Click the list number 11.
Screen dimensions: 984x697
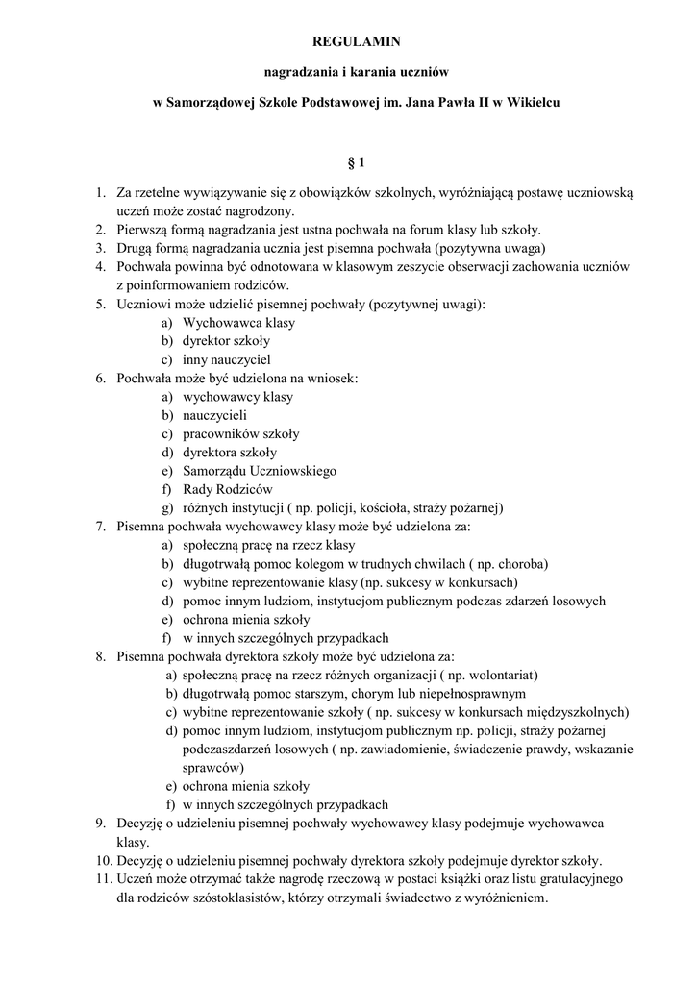103,878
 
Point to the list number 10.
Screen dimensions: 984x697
103,860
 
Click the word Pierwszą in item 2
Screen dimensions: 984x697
143,230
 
